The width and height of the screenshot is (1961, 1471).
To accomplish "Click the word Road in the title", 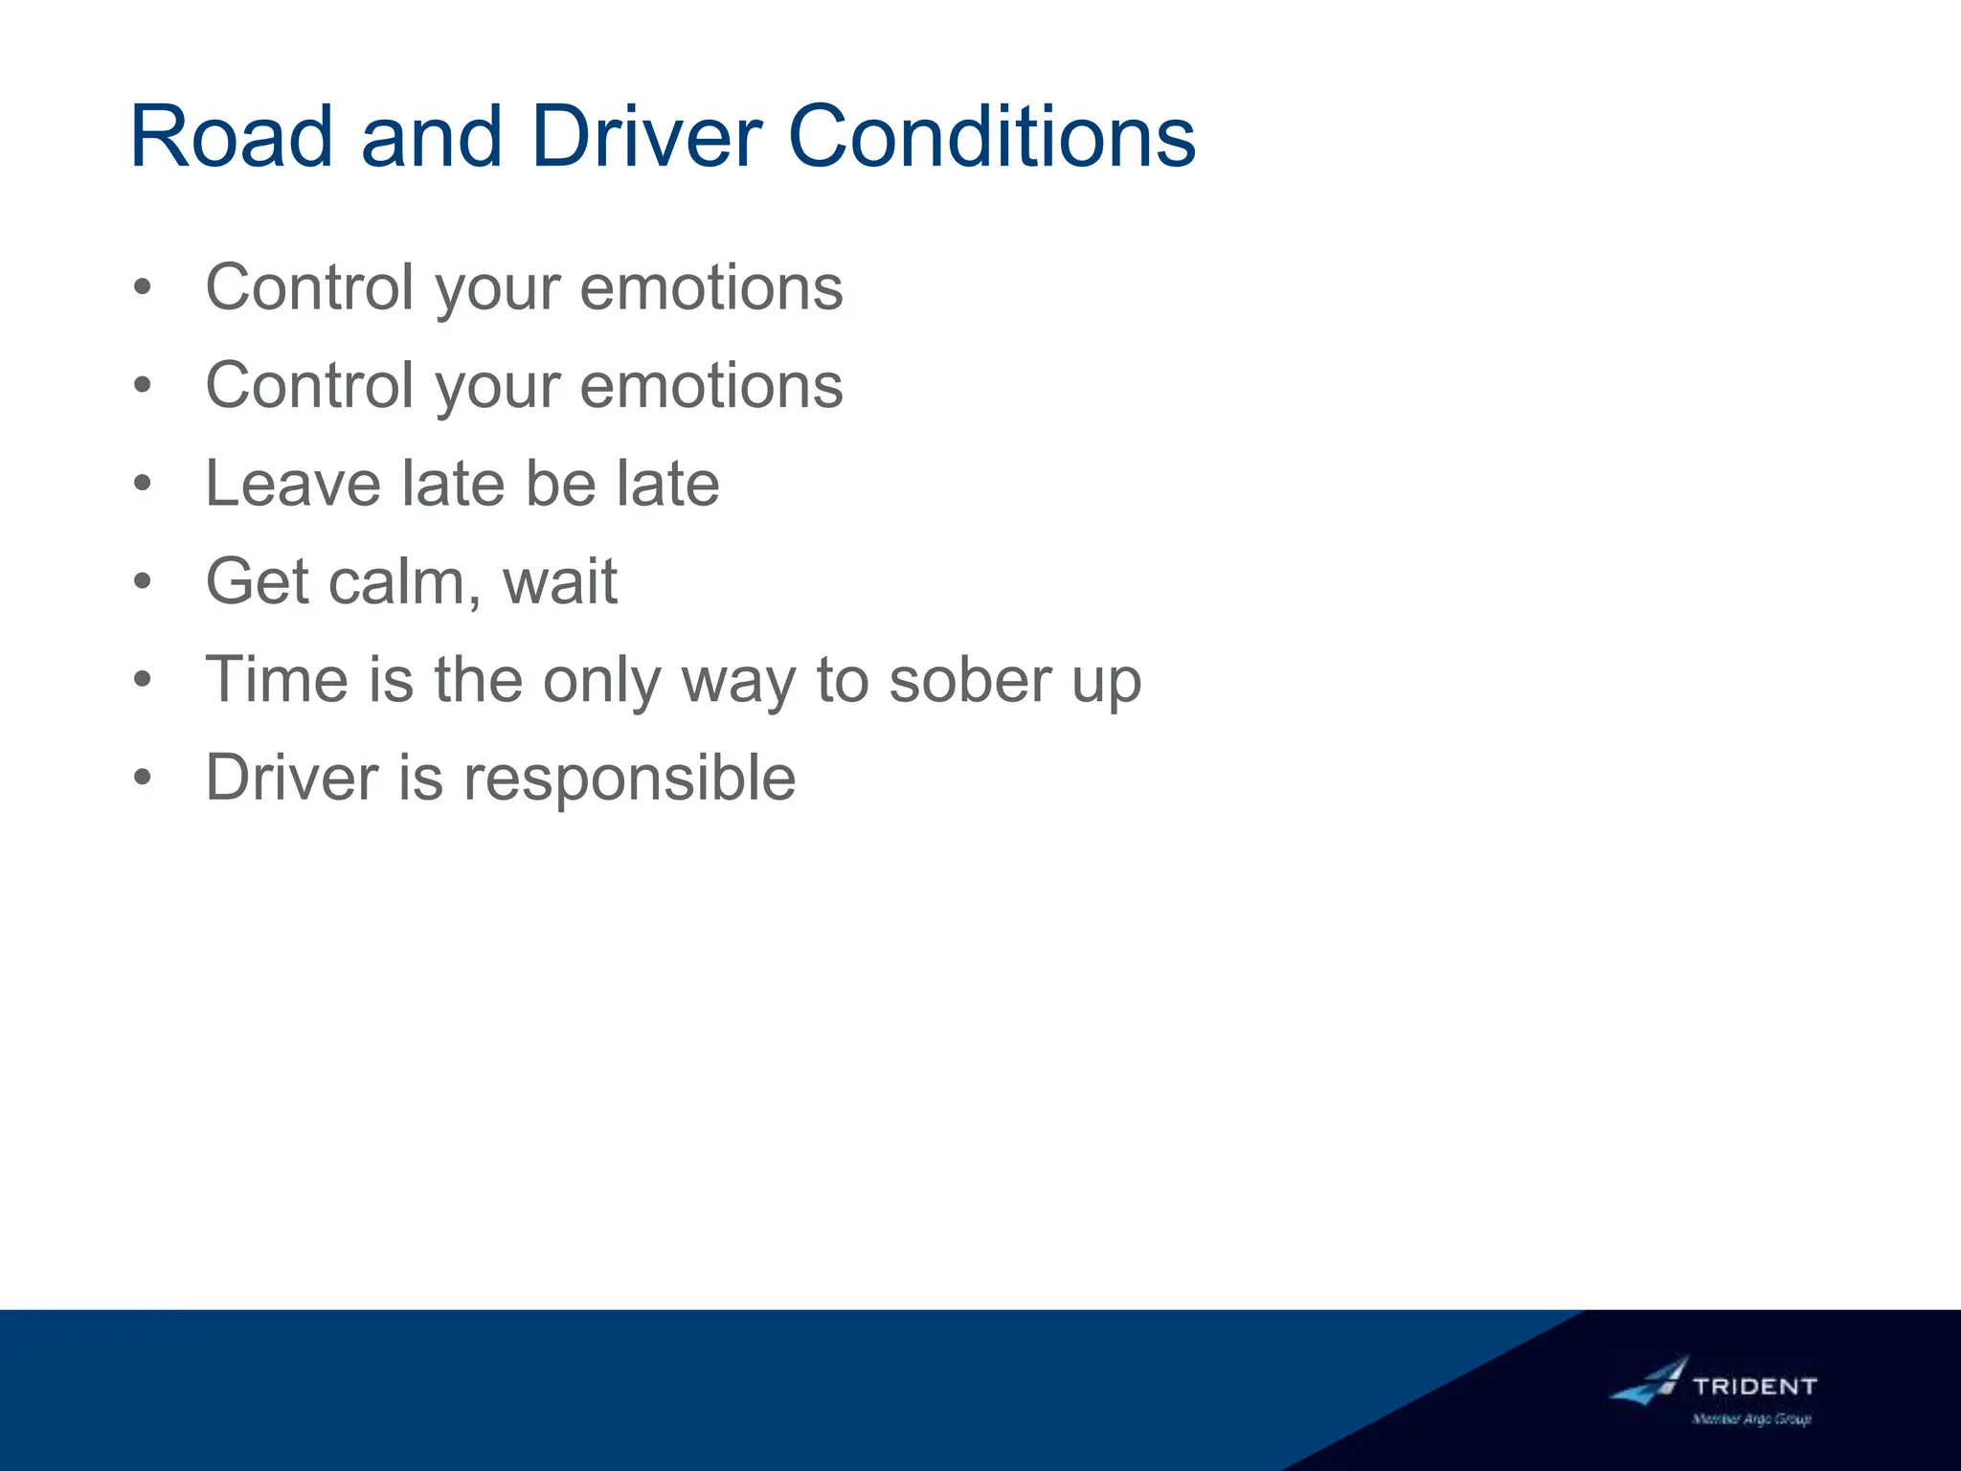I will (231, 137).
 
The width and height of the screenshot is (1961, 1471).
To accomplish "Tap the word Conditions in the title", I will (991, 137).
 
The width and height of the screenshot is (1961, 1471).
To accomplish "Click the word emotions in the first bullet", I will (711, 287).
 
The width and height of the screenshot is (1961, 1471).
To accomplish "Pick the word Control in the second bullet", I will (310, 385).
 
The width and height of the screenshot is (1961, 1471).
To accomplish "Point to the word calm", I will (398, 581).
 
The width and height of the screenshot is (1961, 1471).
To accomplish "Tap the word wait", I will (560, 581).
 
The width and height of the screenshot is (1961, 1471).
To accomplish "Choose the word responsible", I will (629, 778).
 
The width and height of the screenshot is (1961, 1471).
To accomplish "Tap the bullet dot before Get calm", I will (143, 581).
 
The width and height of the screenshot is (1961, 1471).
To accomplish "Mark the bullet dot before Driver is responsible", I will (143, 778).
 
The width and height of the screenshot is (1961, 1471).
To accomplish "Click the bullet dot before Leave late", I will (143, 484).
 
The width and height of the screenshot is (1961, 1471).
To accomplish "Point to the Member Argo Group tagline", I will (1751, 1419).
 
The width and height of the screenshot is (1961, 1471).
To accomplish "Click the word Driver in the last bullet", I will (292, 778).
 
